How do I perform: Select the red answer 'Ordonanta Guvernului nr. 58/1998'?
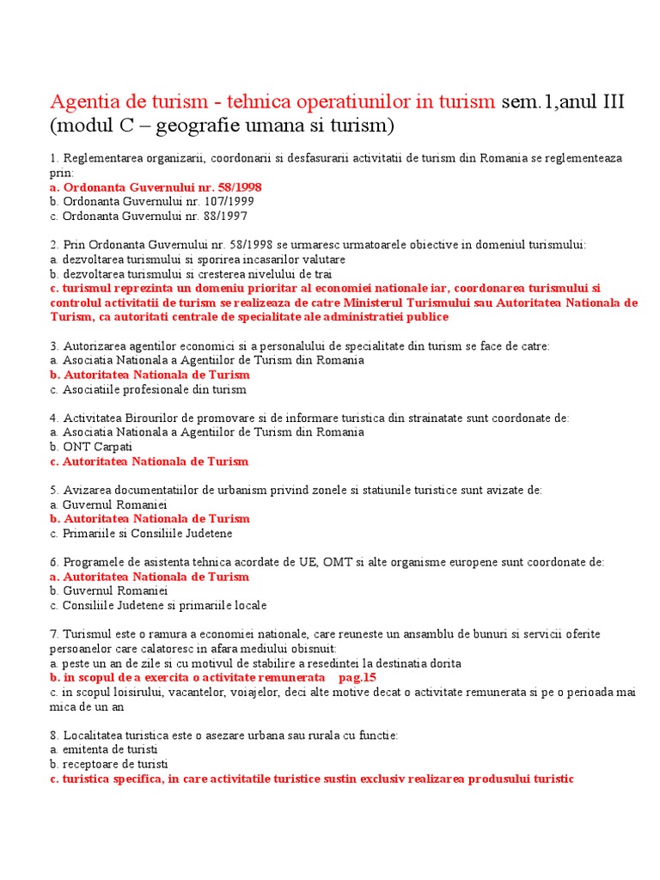[162, 186]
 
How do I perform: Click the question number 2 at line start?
[53, 245]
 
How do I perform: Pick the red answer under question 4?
[155, 461]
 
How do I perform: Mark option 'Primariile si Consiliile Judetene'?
[146, 533]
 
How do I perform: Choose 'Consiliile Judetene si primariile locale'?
[163, 605]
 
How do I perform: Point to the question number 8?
[53, 735]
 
